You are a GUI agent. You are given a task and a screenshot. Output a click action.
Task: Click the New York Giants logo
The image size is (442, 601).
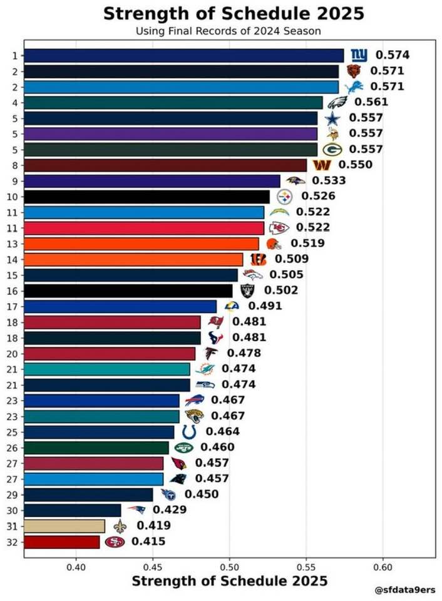pyautogui.click(x=359, y=55)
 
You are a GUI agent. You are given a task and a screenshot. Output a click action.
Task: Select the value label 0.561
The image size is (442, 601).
pyautogui.click(x=371, y=102)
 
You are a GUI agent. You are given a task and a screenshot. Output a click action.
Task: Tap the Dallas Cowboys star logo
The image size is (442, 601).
pyautogui.click(x=332, y=118)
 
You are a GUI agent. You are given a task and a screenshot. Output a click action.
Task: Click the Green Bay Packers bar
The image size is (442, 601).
pyautogui.click(x=170, y=150)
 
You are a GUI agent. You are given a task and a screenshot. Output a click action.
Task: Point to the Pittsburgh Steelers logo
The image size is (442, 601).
pyautogui.click(x=284, y=197)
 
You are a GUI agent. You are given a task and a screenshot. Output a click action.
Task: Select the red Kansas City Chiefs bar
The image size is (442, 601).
pyautogui.click(x=144, y=228)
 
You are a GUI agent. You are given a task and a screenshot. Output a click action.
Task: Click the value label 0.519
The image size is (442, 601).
pyautogui.click(x=307, y=243)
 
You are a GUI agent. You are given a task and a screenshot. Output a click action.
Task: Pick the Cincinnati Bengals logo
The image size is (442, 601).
pyautogui.click(x=258, y=259)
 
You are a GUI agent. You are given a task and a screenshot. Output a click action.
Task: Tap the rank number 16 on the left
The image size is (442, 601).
pyautogui.click(x=13, y=291)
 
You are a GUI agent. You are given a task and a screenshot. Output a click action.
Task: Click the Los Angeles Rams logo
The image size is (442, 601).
pyautogui.click(x=232, y=306)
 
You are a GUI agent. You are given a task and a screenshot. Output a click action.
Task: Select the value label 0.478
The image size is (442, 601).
pyautogui.click(x=244, y=352)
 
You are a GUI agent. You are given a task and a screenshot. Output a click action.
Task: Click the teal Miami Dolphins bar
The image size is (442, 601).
pyautogui.click(x=107, y=369)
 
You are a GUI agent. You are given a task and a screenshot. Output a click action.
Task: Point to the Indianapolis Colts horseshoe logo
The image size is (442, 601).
pyautogui.click(x=189, y=432)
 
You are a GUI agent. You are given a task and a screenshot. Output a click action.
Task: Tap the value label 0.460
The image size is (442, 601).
pyautogui.click(x=217, y=447)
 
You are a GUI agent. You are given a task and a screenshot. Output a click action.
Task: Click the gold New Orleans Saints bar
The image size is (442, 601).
pyautogui.click(x=64, y=527)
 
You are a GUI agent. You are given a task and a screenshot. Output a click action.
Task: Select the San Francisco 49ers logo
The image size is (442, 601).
pyautogui.click(x=115, y=542)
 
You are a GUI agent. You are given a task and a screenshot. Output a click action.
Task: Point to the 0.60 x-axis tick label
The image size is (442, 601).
pyautogui.click(x=383, y=567)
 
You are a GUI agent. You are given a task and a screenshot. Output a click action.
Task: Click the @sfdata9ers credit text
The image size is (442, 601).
pyautogui.click(x=405, y=590)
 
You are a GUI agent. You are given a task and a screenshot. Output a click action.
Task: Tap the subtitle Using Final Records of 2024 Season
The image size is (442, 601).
pyautogui.click(x=229, y=31)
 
